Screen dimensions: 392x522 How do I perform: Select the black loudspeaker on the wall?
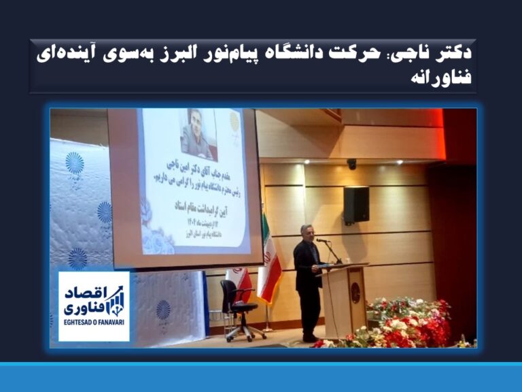coord(356,204)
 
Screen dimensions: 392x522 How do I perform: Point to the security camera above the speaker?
coord(351,164)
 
